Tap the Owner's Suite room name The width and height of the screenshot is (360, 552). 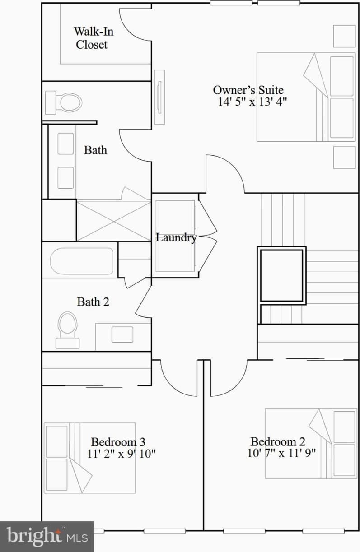tap(248, 89)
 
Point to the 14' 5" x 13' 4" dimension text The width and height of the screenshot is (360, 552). tap(252, 102)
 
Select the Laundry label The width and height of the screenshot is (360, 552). tap(176, 237)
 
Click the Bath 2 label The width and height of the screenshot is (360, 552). tap(93, 302)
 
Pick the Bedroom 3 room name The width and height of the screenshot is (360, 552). tap(118, 441)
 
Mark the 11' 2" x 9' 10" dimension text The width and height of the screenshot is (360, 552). tap(122, 454)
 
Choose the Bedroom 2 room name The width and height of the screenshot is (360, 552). tap(277, 441)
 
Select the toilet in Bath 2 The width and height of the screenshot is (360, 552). tap(67, 329)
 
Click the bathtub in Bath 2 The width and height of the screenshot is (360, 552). tap(82, 261)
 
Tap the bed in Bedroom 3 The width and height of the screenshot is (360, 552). tap(89, 458)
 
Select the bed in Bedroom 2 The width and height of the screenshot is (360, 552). tap(311, 443)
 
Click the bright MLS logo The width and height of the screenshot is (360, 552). tap(47, 536)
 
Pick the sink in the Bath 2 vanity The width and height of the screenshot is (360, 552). tap(122, 334)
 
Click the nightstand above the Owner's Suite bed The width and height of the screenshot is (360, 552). tap(344, 36)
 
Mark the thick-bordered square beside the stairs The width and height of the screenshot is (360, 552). tap(282, 275)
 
